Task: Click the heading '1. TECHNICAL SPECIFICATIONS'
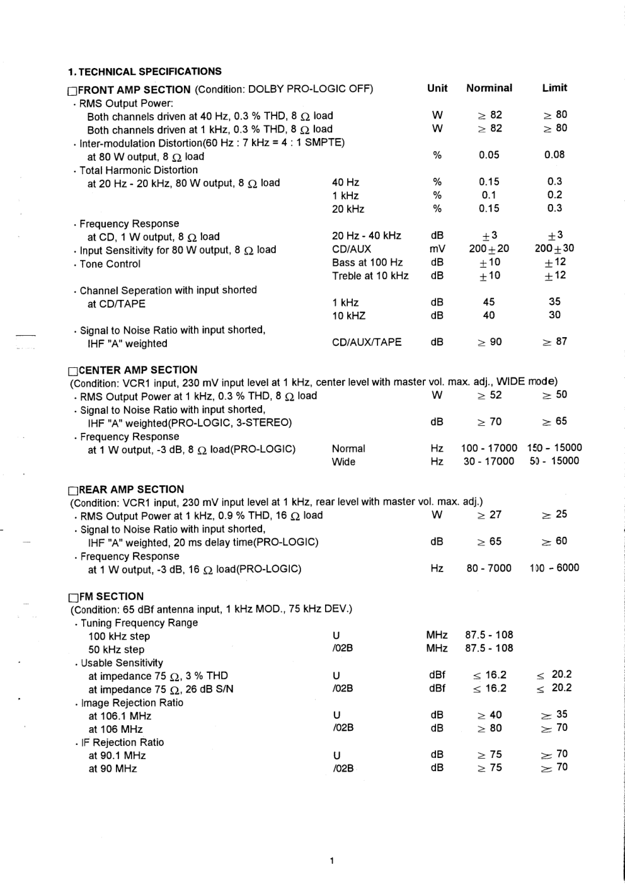(x=144, y=72)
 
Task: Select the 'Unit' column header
(x=437, y=88)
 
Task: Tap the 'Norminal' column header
(x=489, y=88)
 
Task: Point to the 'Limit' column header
(x=554, y=88)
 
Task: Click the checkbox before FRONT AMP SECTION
(x=72, y=91)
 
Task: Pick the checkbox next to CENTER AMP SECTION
(x=73, y=370)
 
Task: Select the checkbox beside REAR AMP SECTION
(x=73, y=490)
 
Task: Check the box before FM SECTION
(x=73, y=597)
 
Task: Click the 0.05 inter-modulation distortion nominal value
(x=489, y=155)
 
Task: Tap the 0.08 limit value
(x=554, y=154)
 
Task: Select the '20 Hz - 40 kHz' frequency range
(x=367, y=236)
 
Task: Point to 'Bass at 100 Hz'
(x=367, y=262)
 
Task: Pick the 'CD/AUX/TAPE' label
(x=367, y=342)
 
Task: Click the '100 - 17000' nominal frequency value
(x=489, y=448)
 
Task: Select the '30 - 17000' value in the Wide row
(x=489, y=461)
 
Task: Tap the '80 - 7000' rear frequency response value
(x=489, y=568)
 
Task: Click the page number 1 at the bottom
(x=331, y=861)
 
